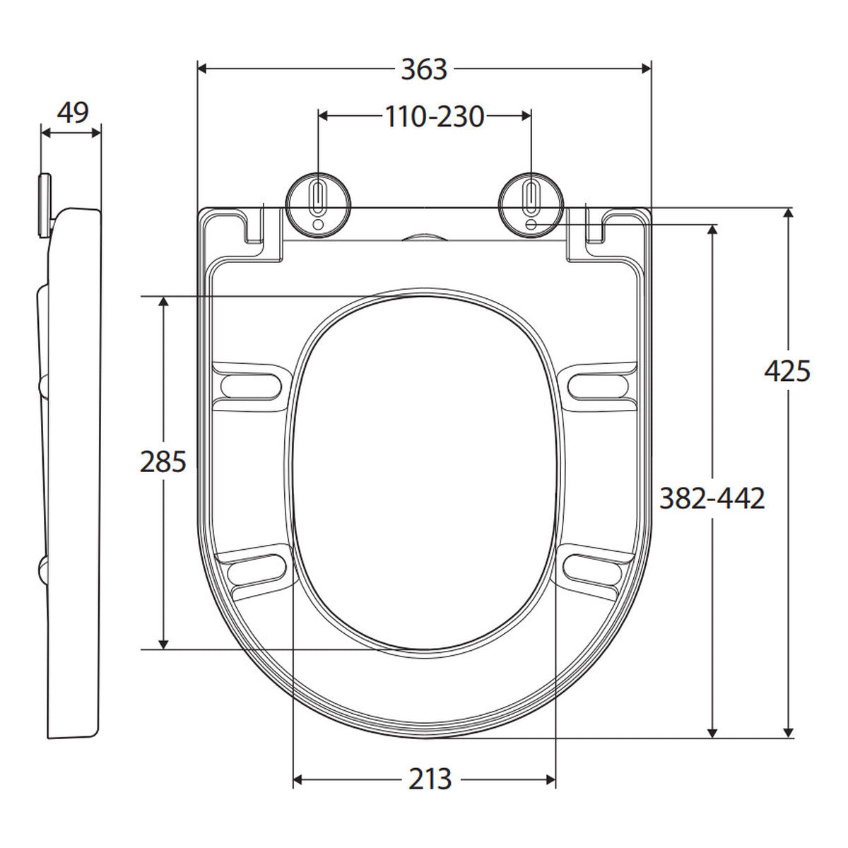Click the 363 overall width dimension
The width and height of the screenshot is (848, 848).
[424, 69]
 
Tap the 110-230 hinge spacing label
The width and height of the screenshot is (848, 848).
[435, 117]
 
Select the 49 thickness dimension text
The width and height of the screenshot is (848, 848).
[73, 112]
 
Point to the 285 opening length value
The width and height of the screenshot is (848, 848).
[163, 462]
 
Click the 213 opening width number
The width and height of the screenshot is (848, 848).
[430, 779]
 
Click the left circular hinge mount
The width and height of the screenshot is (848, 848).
[318, 206]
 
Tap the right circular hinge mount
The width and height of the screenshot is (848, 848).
[531, 206]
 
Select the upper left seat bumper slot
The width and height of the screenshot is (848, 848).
[251, 387]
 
